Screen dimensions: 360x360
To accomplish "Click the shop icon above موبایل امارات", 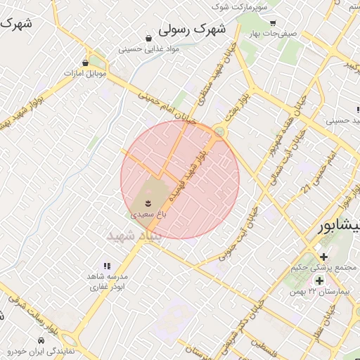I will coord(85,63).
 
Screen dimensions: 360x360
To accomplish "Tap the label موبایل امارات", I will coord(84,73).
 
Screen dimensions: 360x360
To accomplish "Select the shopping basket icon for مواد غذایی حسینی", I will coord(148,38).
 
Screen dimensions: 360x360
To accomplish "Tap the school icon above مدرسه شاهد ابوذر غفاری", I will coord(107,266).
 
